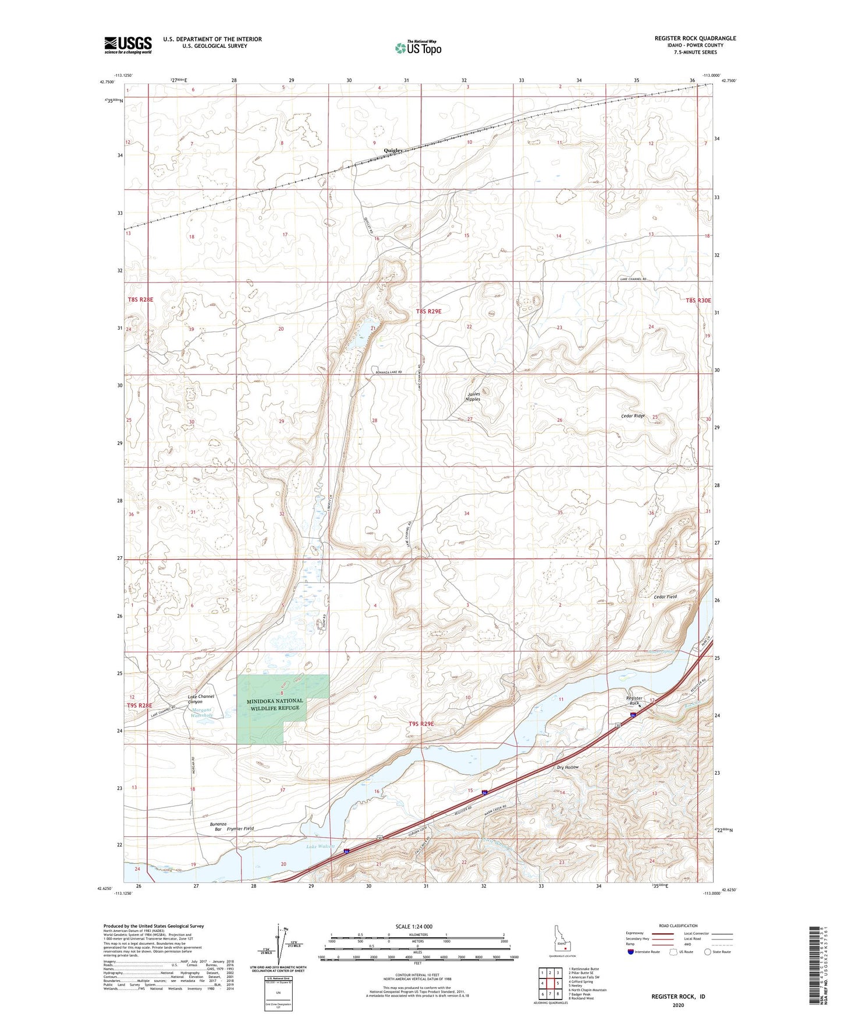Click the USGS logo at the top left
point(128,44)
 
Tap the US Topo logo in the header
point(418,47)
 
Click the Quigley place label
point(393,150)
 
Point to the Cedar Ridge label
point(633,416)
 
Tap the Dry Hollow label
point(568,767)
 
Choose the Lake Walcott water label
point(321,846)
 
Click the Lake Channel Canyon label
point(200,699)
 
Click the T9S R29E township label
point(429,723)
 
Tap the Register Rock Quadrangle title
point(695,38)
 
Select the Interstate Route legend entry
point(643,952)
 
